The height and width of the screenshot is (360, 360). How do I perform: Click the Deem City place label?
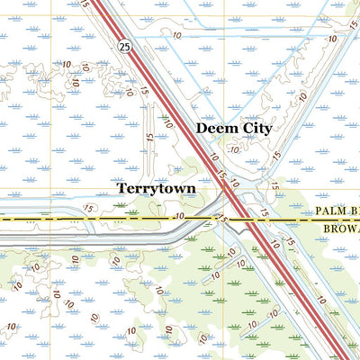pyautogui.click(x=233, y=129)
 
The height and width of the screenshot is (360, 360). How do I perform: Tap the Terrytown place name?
pyautogui.click(x=157, y=189)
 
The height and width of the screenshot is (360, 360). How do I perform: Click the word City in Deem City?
pyautogui.click(x=256, y=129)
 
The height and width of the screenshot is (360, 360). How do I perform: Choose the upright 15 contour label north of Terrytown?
pyautogui.click(x=149, y=140)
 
